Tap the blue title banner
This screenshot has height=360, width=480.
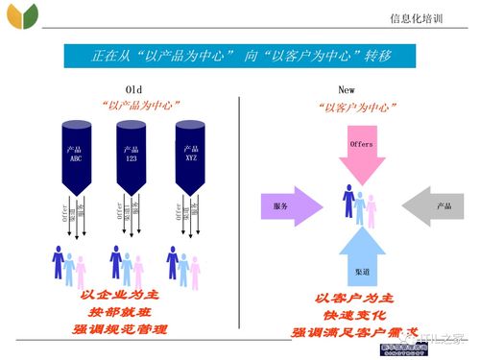pos(239,56)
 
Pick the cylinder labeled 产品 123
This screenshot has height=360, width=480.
pos(132,154)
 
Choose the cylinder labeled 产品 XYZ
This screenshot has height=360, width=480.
pos(190,154)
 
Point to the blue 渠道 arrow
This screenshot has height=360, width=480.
pos(360,253)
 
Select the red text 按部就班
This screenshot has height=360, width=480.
pos(124,312)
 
